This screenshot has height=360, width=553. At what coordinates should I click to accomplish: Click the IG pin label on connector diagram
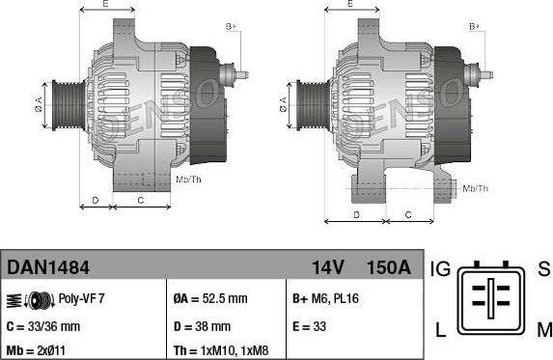(439, 267)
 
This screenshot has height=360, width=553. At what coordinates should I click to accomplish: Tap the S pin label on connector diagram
(542, 267)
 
